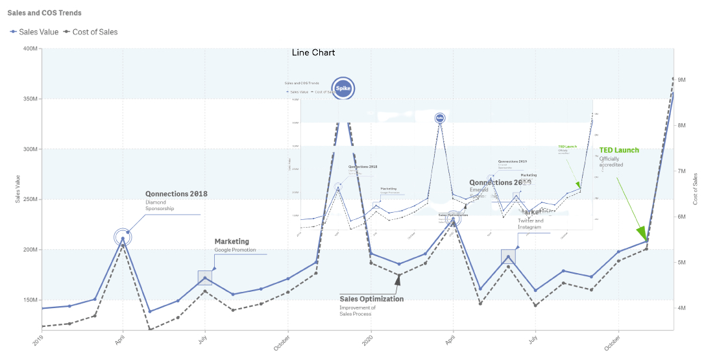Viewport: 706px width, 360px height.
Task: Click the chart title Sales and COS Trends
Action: click(44, 13)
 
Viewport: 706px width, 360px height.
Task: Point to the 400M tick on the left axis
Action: click(29, 49)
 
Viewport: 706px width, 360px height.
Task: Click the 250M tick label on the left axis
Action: click(29, 199)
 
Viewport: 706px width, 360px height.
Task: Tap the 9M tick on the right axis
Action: click(682, 80)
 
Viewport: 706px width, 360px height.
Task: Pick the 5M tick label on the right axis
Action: click(682, 262)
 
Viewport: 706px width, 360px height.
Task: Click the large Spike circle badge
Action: click(343, 88)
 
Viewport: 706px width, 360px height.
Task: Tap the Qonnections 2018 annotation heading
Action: click(176, 194)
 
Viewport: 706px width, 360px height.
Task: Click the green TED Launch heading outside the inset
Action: click(618, 150)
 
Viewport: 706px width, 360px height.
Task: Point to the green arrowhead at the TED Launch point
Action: click(642, 233)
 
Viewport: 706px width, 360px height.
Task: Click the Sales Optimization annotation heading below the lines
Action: click(371, 299)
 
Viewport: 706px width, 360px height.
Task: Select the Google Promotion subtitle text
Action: click(235, 250)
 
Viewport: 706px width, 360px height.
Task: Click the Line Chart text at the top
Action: click(313, 53)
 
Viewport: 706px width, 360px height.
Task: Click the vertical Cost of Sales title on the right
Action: click(695, 189)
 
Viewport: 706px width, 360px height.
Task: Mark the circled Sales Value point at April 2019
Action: click(123, 238)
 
